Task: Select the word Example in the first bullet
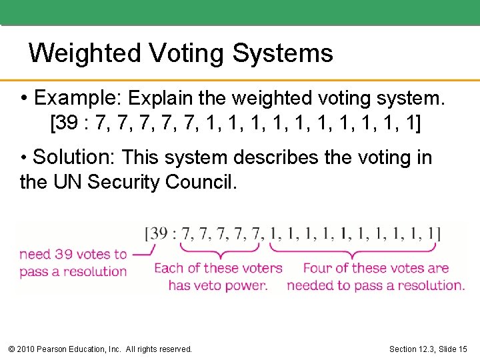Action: click(x=74, y=99)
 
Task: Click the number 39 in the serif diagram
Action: click(x=159, y=233)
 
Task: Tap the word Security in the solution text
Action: click(x=124, y=181)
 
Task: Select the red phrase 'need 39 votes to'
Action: click(x=73, y=254)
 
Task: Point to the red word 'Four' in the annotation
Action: click(x=317, y=268)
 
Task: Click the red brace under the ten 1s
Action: click(x=353, y=249)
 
